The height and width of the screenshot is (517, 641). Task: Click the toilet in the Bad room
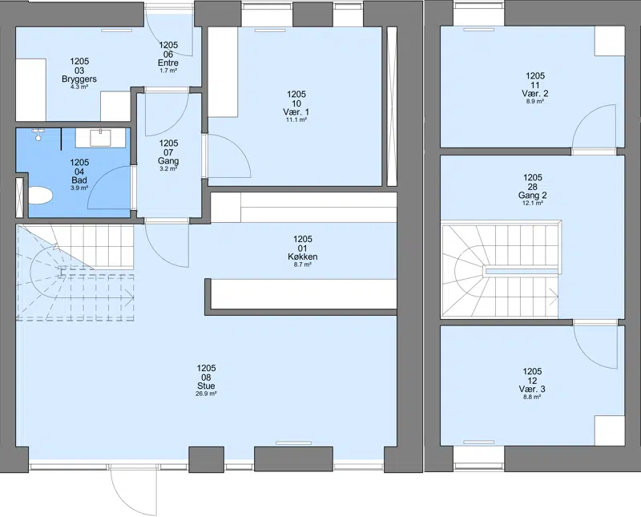[x=41, y=195]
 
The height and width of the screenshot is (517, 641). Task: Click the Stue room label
[x=206, y=386]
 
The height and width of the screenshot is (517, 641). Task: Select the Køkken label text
[x=303, y=256]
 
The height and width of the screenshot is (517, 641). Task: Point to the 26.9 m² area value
[x=206, y=394]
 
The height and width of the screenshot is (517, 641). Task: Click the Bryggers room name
[x=79, y=79]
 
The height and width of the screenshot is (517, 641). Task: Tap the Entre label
[x=168, y=63]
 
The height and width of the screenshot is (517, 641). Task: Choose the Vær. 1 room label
[x=296, y=112]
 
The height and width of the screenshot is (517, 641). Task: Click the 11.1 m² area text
[x=296, y=120]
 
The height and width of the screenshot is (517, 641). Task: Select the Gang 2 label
[x=532, y=196]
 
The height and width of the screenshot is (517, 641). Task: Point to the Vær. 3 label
[x=532, y=389]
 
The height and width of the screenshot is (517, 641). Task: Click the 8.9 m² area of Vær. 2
[x=535, y=101]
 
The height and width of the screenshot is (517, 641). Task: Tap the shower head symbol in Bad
[x=38, y=134]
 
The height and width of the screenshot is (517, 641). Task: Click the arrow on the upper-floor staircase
[x=553, y=297]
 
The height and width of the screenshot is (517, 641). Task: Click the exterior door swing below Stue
[x=133, y=490]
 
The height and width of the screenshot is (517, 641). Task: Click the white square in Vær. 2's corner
[x=610, y=42]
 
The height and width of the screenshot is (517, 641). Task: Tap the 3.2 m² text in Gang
[x=168, y=168]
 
